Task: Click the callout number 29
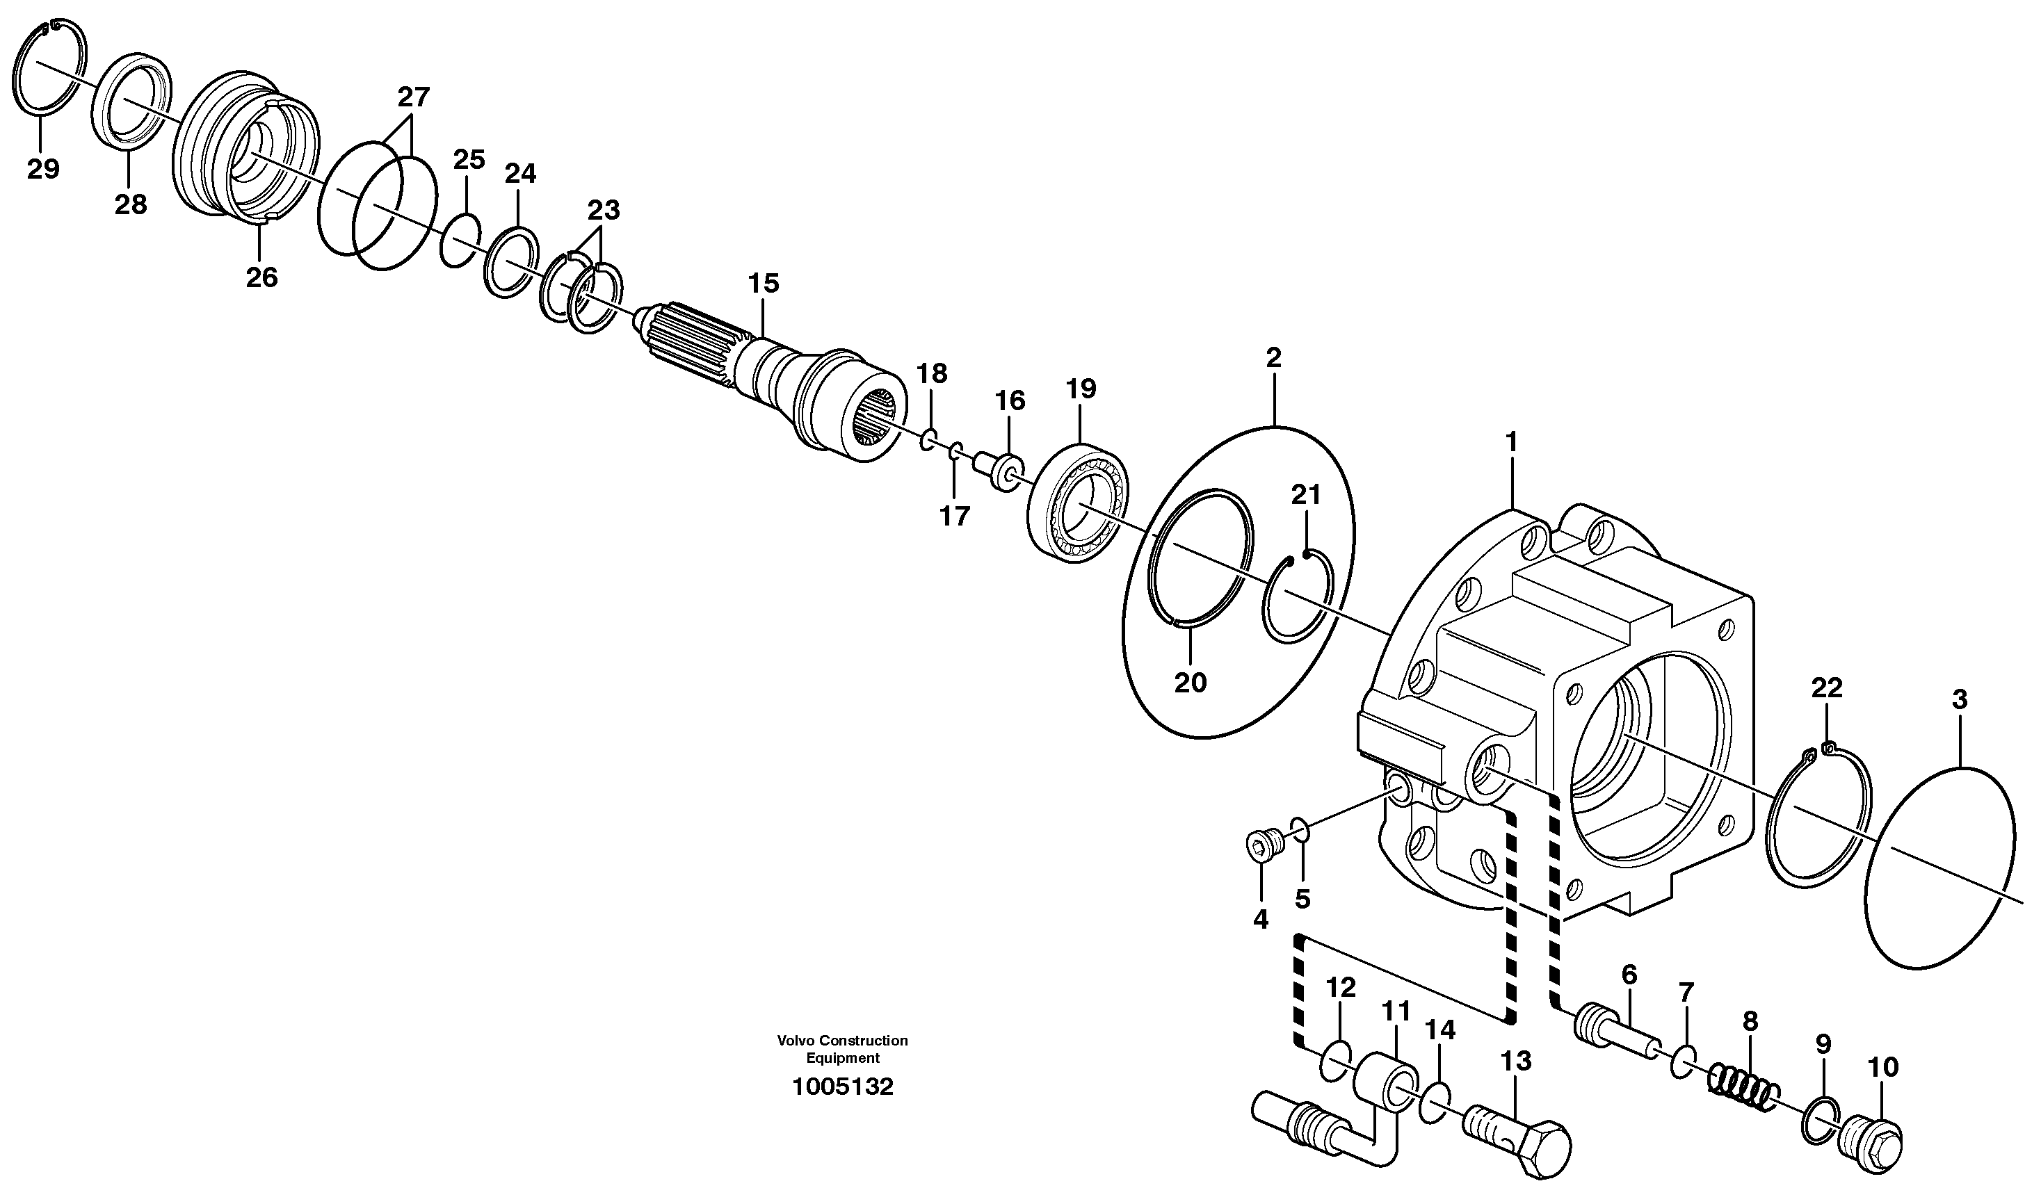coord(43,169)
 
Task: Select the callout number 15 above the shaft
coord(763,283)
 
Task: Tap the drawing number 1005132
coord(842,1087)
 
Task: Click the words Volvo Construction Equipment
coord(842,1049)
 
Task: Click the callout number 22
coord(1827,688)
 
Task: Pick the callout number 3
coord(1959,699)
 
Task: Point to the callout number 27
coord(413,97)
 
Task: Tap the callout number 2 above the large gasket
coord(1273,358)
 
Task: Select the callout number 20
coord(1191,683)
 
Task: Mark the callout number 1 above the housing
coord(1511,441)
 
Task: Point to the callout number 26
coord(261,277)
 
